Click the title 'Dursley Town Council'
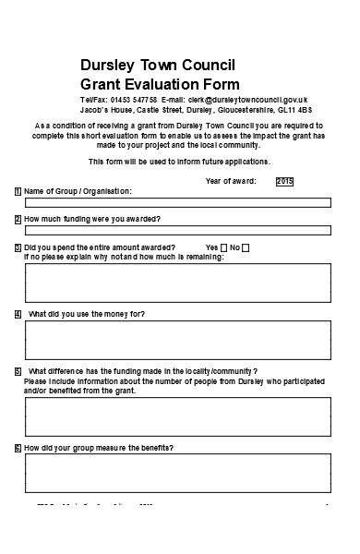[158, 65]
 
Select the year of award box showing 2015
[284, 182]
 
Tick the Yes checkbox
[223, 247]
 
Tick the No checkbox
[245, 247]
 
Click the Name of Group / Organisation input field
[176, 202]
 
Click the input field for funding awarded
[176, 230]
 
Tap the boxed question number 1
[18, 191]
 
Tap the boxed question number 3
[18, 247]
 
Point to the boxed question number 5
[18, 371]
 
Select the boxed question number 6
[18, 448]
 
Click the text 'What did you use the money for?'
[87, 314]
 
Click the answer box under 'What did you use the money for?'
[176, 340]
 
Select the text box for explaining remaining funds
[176, 283]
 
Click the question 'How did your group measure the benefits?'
[99, 448]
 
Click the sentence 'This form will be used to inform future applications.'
[179, 162]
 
